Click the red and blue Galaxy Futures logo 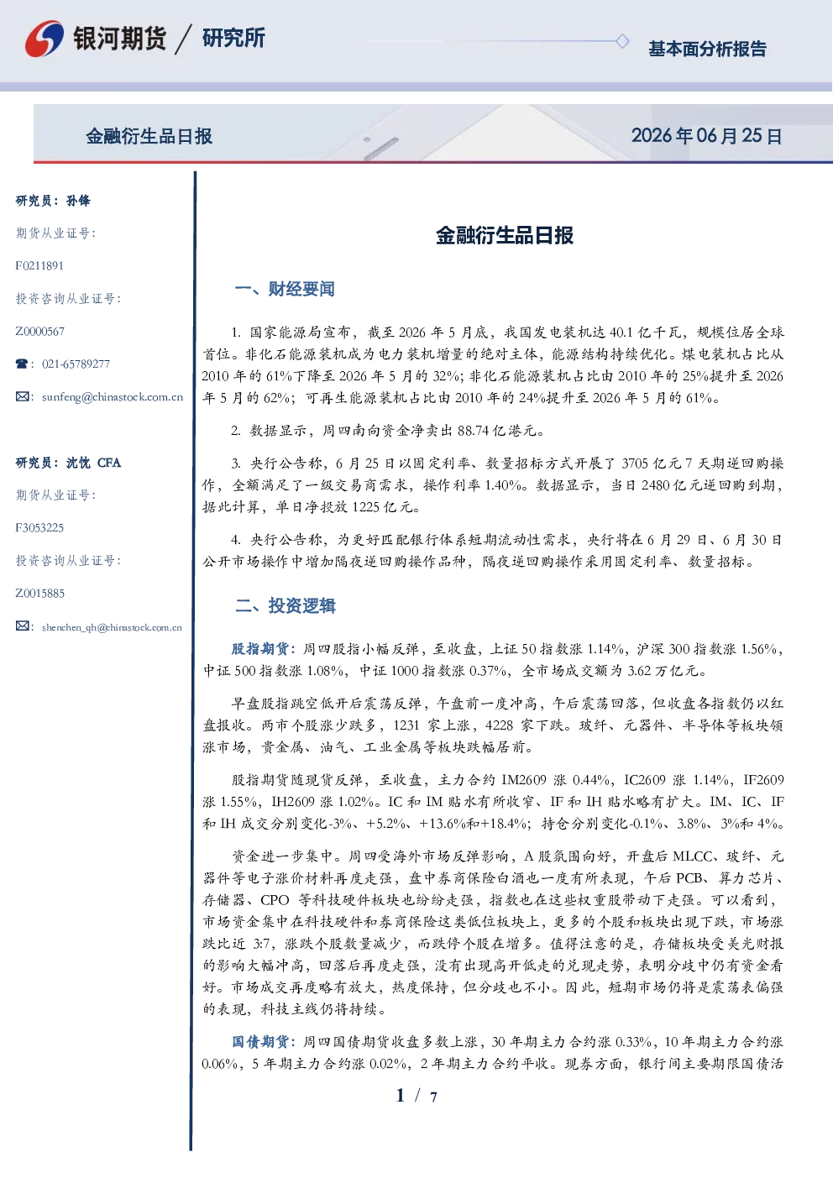[x=44, y=39]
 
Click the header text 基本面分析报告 [x=707, y=49]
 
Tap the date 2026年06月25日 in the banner [x=706, y=136]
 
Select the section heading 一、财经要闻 [x=285, y=289]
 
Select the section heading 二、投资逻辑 [x=285, y=606]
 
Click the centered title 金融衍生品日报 [x=505, y=235]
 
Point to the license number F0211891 [x=39, y=265]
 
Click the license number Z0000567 [x=40, y=332]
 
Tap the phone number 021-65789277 [x=76, y=364]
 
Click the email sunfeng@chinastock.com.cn [x=113, y=397]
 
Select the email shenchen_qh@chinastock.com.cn [x=112, y=627]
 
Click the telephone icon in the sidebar [x=22, y=364]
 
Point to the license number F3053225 [x=39, y=527]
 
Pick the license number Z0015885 [x=40, y=594]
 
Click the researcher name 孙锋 [x=78, y=201]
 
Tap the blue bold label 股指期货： [x=265, y=649]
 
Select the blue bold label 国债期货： [x=265, y=1042]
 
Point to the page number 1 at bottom [x=401, y=1096]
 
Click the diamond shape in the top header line [x=622, y=41]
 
